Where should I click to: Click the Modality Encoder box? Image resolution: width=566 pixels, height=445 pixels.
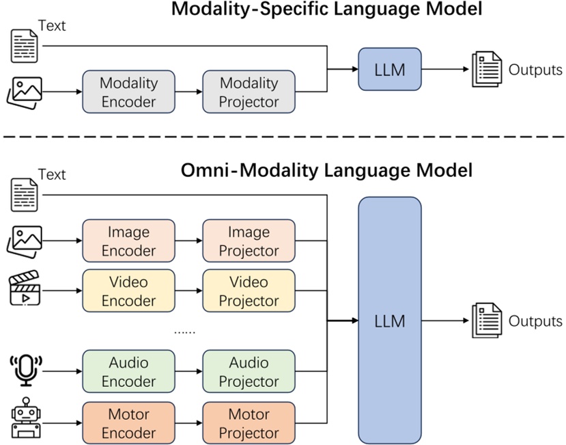[128, 92]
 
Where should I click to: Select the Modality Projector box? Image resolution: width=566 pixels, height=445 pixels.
[249, 92]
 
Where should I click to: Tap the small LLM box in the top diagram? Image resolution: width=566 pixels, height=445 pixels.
[389, 69]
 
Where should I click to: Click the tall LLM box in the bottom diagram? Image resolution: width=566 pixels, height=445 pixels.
[389, 321]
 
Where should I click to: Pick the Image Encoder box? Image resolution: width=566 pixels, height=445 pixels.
[128, 241]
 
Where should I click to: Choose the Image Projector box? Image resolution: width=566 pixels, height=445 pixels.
[249, 241]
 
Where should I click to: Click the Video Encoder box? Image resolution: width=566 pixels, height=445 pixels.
[128, 291]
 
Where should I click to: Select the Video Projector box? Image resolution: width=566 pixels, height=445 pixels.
[249, 291]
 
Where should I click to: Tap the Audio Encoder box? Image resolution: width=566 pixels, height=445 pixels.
[128, 372]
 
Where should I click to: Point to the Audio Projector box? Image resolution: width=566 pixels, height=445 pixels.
[249, 372]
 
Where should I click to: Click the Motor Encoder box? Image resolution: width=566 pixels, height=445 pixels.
[128, 422]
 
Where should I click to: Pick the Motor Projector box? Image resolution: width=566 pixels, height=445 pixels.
[249, 422]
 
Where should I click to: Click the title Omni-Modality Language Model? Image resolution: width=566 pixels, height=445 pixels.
[326, 170]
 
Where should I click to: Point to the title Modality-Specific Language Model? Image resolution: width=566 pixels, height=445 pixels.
[326, 10]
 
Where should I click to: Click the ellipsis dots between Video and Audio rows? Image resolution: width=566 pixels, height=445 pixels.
[184, 332]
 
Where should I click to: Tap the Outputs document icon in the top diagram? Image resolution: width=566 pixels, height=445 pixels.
[487, 70]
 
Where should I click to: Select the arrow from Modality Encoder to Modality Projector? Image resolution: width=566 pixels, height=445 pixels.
[188, 92]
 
